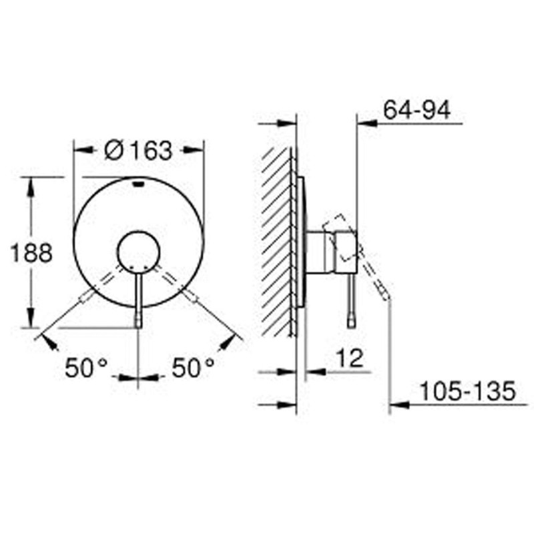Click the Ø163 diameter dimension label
139,151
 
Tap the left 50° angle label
86,368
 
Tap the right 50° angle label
194,368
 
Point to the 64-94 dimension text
417,110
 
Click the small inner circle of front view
138,252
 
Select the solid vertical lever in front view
138,297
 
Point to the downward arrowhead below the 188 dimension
30,320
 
